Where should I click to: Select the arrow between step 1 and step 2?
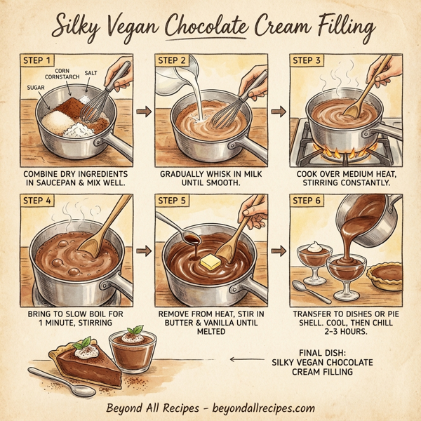coord(144,111)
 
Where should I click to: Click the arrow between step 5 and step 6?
coord(278,249)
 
